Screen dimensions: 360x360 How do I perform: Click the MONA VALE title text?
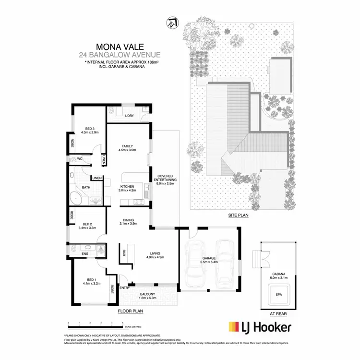[115, 47]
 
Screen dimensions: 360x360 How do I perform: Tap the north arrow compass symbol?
[171, 23]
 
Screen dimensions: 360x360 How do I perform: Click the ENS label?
[85, 253]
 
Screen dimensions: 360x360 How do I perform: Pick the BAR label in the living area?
[124, 252]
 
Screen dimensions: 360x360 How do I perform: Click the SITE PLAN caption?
[238, 216]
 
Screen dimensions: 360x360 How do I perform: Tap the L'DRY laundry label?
[129, 116]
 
